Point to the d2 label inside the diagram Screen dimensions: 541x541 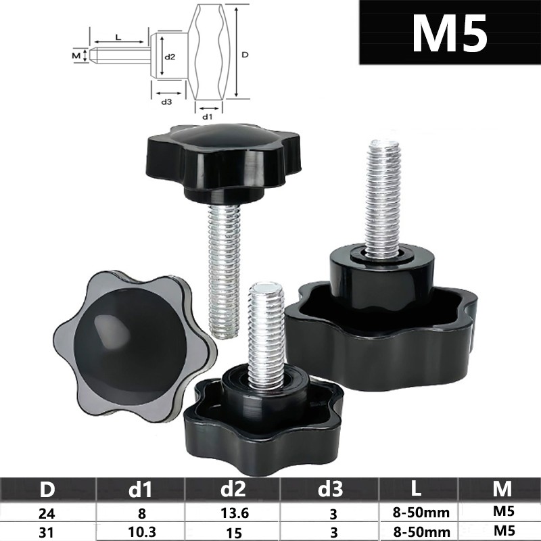(x=170, y=57)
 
